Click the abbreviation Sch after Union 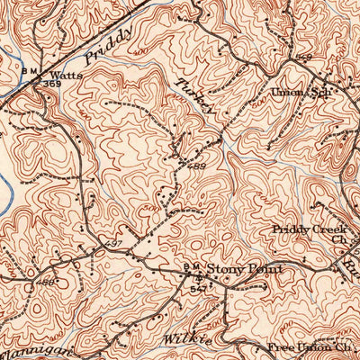[320, 93]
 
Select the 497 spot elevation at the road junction [112, 245]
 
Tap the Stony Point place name [245, 269]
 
